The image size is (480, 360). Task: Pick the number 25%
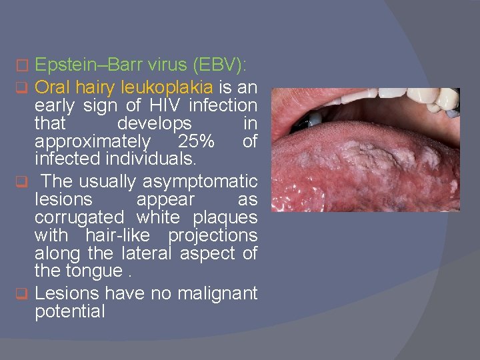click(196, 142)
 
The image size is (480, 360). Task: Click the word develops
click(155, 123)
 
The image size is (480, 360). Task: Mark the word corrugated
click(79, 217)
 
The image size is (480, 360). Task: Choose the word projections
click(213, 235)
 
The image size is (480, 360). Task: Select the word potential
click(70, 311)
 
